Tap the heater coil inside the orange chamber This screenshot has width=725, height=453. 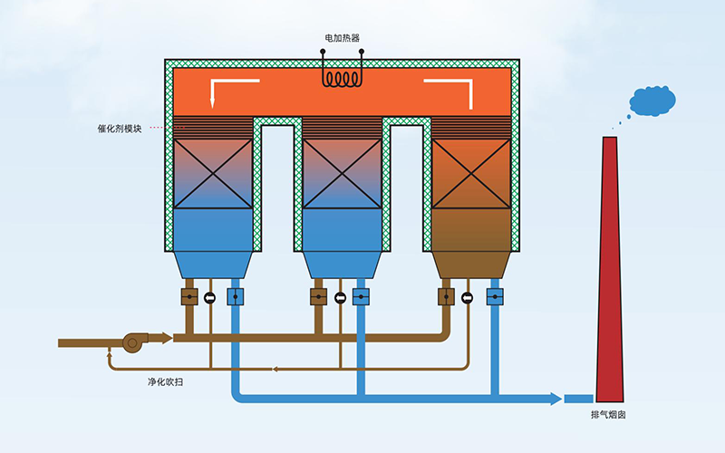tap(343, 80)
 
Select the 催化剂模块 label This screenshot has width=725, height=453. tap(119, 128)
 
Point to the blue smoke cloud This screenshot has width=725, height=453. tap(652, 101)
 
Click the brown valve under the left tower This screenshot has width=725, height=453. tap(189, 296)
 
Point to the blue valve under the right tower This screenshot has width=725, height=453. tap(494, 296)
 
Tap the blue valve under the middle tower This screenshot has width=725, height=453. tap(362, 296)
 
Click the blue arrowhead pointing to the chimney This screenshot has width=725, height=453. tap(555, 399)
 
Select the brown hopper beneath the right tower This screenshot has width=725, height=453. tap(470, 263)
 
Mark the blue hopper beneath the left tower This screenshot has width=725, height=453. tap(213, 263)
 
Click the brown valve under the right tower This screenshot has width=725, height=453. tap(446, 296)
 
